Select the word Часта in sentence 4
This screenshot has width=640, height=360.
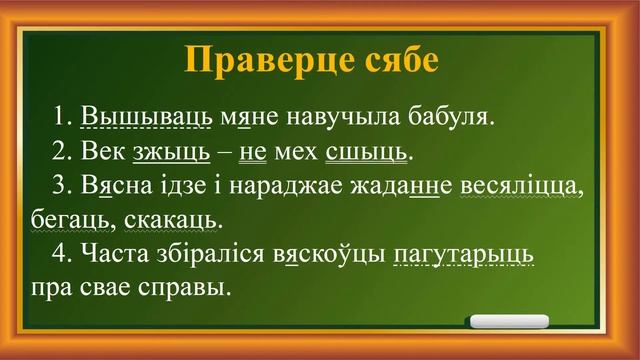pos(112,254)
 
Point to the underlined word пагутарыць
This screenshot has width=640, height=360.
pos(464,254)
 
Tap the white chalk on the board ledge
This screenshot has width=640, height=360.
pos(509,322)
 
